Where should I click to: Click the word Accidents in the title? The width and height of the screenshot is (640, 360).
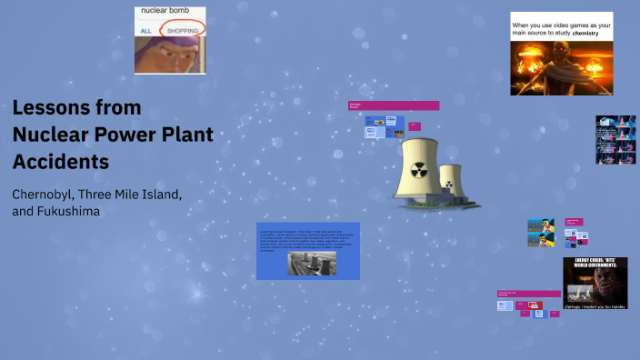pyautogui.click(x=61, y=162)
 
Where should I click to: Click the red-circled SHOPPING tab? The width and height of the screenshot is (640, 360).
pyautogui.click(x=183, y=30)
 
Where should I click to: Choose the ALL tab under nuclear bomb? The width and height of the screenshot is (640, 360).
pyautogui.click(x=145, y=31)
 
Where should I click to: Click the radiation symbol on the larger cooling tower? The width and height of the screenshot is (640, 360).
pyautogui.click(x=418, y=168)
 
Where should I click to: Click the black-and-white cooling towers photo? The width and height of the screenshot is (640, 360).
pyautogui.click(x=311, y=263)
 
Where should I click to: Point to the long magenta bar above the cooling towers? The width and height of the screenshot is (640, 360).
pyautogui.click(x=394, y=105)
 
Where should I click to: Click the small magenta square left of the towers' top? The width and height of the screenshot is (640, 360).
pyautogui.click(x=415, y=125)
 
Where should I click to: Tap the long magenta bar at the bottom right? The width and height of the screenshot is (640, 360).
pyautogui.click(x=529, y=294)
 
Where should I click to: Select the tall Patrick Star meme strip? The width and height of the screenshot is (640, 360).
pyautogui.click(x=615, y=139)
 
